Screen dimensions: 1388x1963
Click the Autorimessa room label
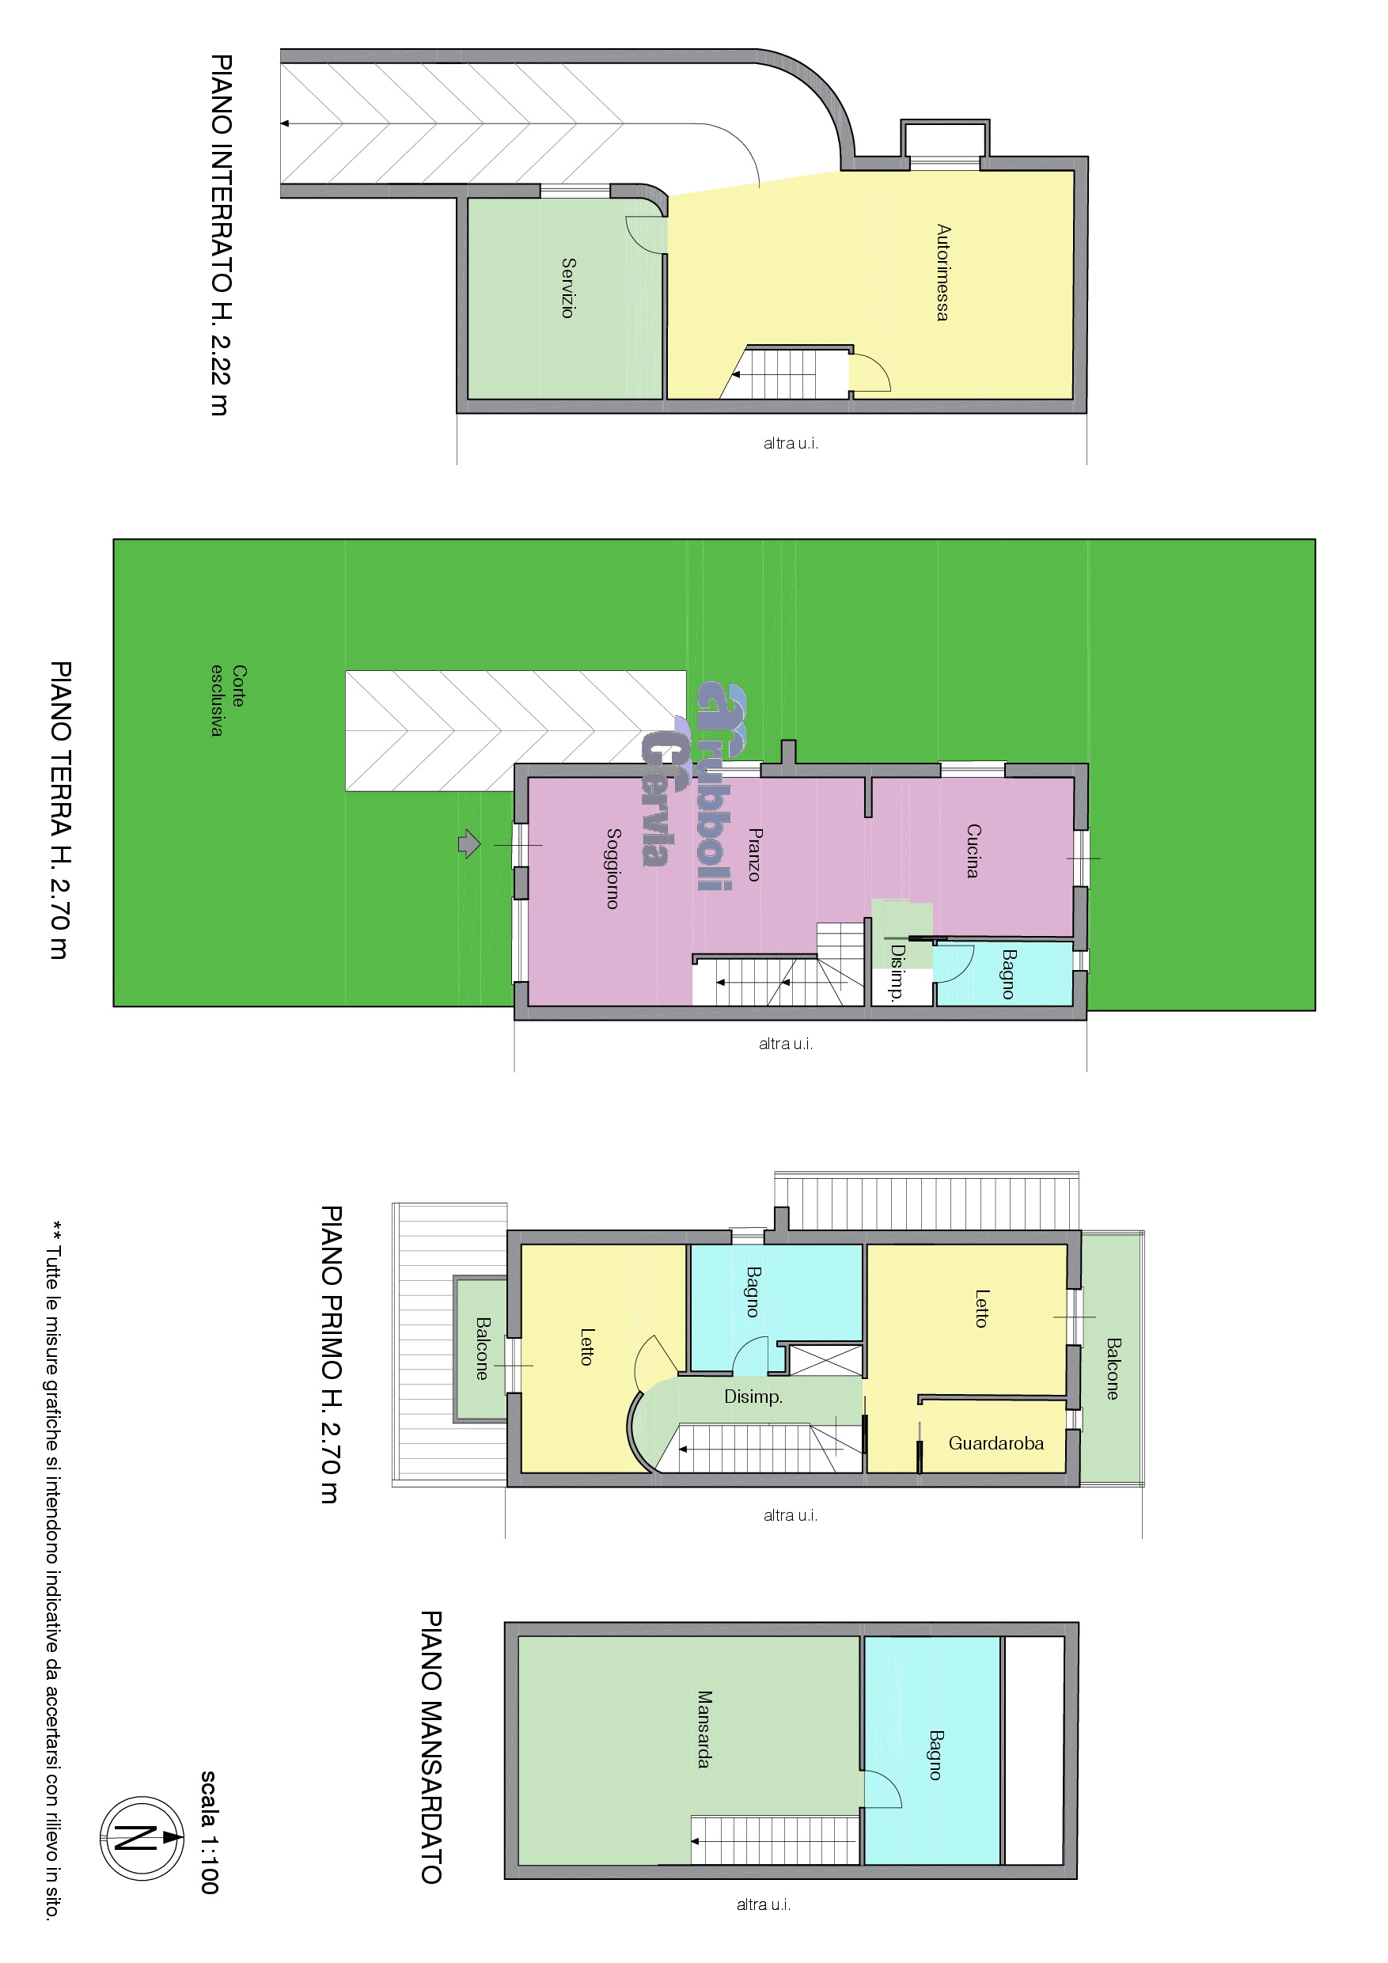pos(942,272)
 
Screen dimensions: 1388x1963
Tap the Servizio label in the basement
pos(568,287)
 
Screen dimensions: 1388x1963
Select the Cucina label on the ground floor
pos(973,851)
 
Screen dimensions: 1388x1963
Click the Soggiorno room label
pos(612,868)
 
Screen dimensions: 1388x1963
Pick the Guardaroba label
pos(996,1443)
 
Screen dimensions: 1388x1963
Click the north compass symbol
pos(142,1837)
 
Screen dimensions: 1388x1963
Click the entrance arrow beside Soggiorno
pos(469,844)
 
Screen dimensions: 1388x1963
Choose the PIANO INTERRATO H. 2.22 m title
pos(221,235)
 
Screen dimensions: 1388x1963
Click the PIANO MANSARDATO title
pos(431,1747)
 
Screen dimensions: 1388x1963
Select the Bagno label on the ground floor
pos(1009,974)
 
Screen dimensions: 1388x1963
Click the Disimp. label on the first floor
pos(753,1397)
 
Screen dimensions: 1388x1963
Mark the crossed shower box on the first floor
pos(825,1359)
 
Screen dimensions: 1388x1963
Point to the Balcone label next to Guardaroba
pos(1113,1369)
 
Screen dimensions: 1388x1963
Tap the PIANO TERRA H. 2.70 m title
pos(61,809)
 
